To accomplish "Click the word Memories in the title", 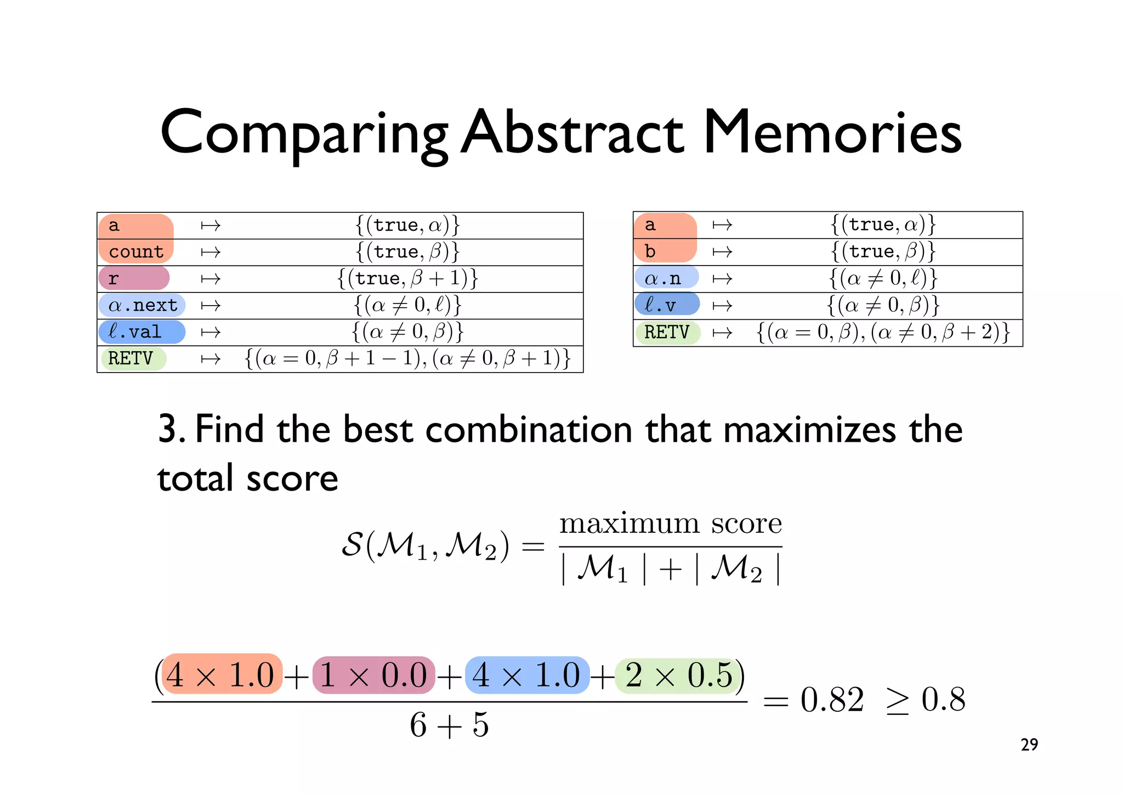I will [832, 133].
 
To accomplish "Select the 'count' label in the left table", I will [136, 252].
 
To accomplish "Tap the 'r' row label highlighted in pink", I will [114, 279].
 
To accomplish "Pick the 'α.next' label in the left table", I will [143, 305].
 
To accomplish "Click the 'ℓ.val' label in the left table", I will [135, 332].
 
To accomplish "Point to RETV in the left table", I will [131, 358].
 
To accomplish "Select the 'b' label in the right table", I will [650, 251].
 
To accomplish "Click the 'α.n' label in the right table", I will [663, 278].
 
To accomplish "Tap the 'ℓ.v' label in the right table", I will [661, 305].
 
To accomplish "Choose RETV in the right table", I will [666, 332].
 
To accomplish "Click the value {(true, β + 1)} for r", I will [408, 279].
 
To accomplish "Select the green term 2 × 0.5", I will [679, 674].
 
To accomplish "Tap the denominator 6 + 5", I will [449, 725].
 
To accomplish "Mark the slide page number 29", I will [1029, 745].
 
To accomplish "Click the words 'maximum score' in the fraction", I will [670, 523].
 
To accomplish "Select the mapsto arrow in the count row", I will [211, 252].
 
